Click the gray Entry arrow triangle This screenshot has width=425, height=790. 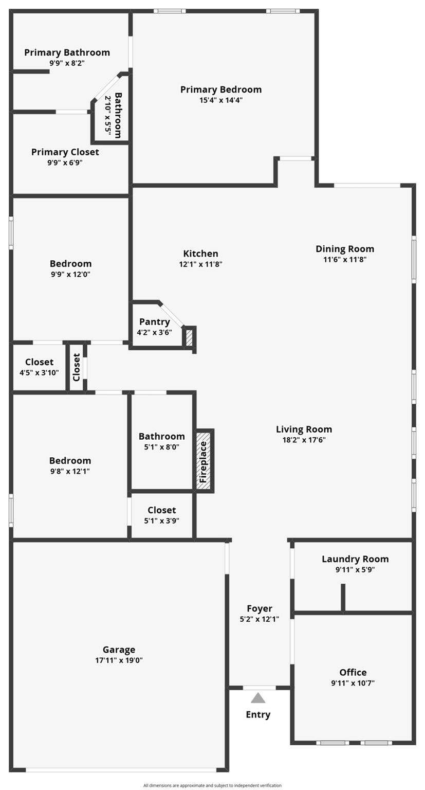click(258, 698)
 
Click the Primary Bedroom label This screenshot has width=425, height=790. click(220, 89)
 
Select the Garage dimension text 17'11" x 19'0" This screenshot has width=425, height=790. click(119, 660)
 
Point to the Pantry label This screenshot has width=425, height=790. click(154, 322)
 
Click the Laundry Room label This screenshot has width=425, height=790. click(355, 559)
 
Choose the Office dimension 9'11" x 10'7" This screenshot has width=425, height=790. click(353, 683)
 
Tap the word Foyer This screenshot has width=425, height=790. click(260, 608)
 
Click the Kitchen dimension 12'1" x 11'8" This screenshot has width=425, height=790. click(200, 264)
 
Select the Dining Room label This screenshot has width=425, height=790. click(345, 249)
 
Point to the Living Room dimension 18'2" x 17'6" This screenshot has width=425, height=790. click(304, 440)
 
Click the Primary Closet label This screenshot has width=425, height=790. click(65, 152)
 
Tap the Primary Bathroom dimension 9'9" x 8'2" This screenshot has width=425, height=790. click(67, 63)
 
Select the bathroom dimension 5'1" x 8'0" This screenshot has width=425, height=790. click(161, 447)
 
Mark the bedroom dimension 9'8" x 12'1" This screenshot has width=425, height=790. click(70, 471)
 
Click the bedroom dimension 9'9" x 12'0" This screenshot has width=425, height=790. click(70, 274)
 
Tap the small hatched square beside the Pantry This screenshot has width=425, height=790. click(189, 337)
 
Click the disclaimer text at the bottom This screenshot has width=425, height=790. click(212, 785)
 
